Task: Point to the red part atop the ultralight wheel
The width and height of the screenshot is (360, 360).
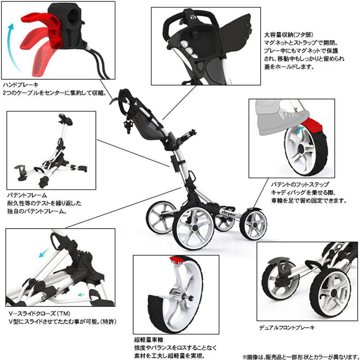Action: coord(176,259)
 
